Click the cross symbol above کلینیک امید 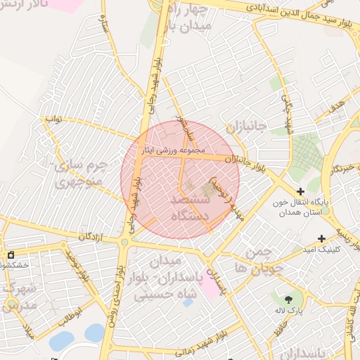click(322, 239)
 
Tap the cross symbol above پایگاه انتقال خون click(301, 191)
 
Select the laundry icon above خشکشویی click(10, 255)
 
